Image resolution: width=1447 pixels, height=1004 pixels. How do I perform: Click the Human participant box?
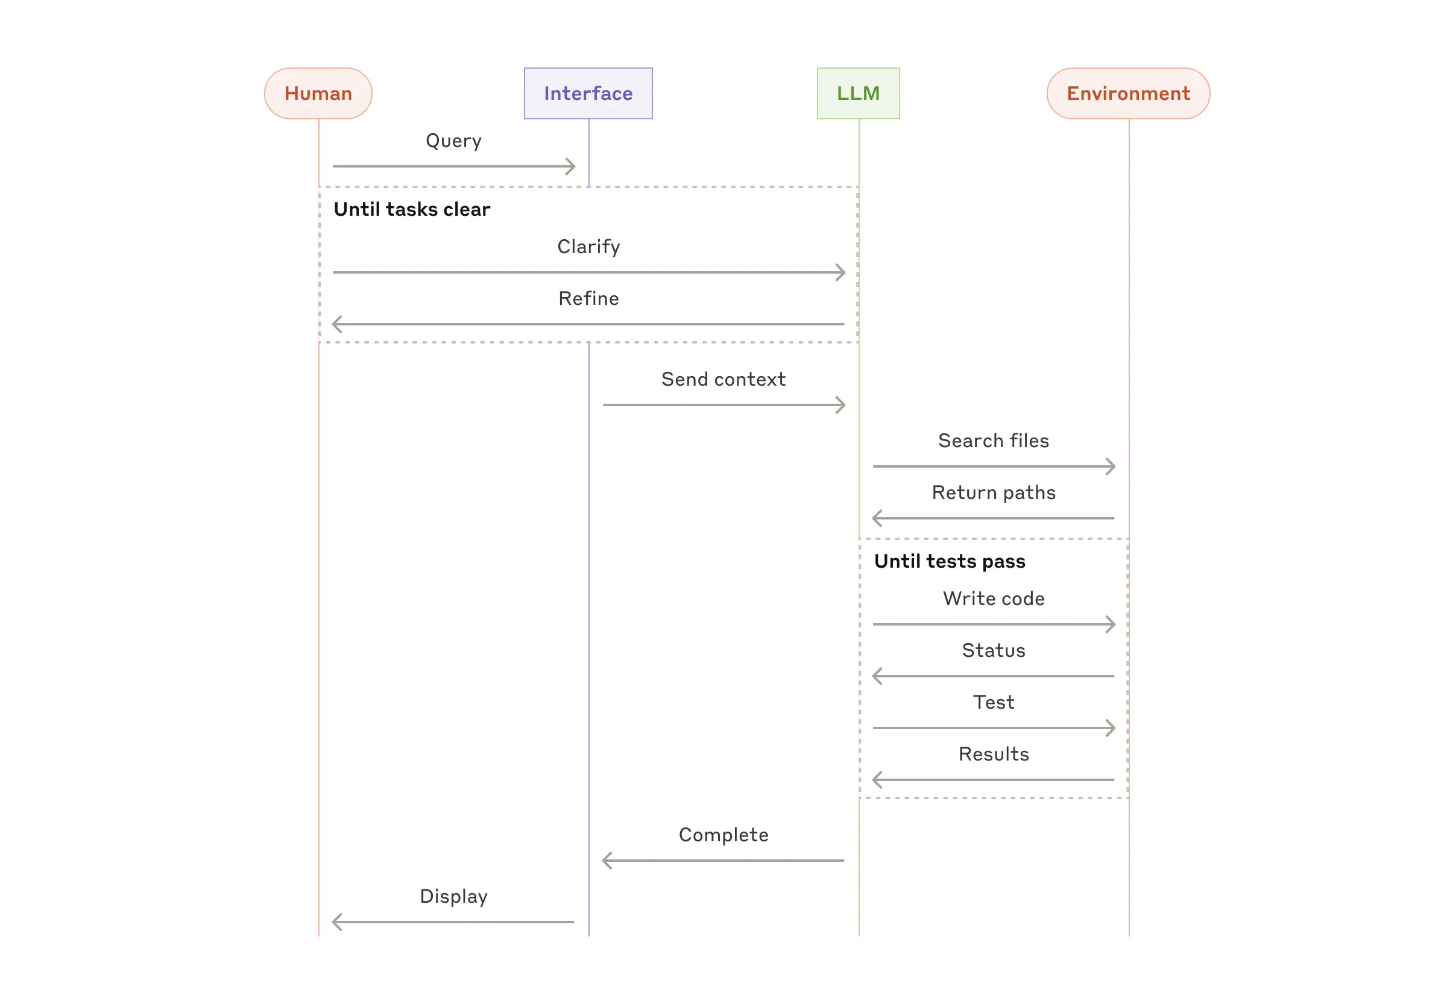tap(318, 93)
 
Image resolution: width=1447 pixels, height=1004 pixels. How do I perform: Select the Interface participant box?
tap(588, 93)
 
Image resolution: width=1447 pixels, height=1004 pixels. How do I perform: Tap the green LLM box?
tap(858, 93)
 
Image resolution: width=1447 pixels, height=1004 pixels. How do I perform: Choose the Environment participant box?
tap(1128, 93)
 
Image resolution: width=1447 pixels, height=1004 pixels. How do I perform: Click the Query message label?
tap(453, 140)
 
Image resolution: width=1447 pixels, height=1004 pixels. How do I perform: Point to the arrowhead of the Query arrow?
tap(572, 167)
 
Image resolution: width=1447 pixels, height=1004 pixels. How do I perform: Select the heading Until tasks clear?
tap(412, 209)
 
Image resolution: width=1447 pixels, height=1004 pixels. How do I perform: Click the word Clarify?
tap(588, 246)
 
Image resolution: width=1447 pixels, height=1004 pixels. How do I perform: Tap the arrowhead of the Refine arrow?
tap(336, 325)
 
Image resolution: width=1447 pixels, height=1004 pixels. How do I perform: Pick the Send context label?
tap(723, 379)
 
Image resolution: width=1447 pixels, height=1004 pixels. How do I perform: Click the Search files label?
tap(993, 441)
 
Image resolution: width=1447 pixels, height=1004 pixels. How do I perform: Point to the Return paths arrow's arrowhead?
tap(876, 518)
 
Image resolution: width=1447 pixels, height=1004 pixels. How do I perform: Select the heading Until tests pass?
tap(949, 561)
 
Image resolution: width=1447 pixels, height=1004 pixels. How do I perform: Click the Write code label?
tap(993, 599)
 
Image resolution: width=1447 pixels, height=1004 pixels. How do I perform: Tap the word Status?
tap(993, 650)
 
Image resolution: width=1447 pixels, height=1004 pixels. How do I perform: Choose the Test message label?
tap(993, 702)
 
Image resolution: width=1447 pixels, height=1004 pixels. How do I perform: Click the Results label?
tap(993, 755)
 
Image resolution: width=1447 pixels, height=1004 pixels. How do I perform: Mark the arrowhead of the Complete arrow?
tap(606, 861)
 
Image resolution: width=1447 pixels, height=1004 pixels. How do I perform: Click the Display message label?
tap(453, 897)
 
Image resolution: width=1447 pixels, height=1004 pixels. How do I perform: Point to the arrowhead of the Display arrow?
tap(336, 922)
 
